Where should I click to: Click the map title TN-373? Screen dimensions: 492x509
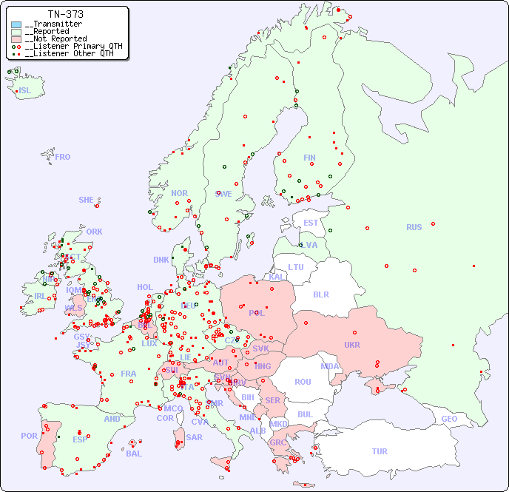point(65,14)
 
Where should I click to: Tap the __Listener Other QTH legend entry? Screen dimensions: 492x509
point(69,53)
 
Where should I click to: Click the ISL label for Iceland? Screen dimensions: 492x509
point(25,91)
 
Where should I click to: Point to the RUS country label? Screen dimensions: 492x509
point(414,227)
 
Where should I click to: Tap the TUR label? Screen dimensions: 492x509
point(380,451)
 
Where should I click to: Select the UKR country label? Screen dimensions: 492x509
point(352,345)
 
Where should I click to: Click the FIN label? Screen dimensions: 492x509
point(309,158)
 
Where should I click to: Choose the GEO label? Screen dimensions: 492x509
point(449,419)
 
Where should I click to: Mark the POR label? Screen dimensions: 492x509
point(29,436)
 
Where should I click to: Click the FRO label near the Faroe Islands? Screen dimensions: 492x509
point(63,157)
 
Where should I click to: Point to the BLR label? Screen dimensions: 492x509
point(320,294)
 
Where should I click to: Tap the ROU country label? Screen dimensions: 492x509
point(303,382)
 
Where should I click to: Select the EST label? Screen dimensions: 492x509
point(311,223)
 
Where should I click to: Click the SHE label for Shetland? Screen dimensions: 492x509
point(87,200)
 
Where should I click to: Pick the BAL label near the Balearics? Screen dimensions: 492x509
point(134,454)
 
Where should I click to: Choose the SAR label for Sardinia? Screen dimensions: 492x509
point(195,437)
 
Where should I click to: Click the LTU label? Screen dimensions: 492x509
point(296,267)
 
